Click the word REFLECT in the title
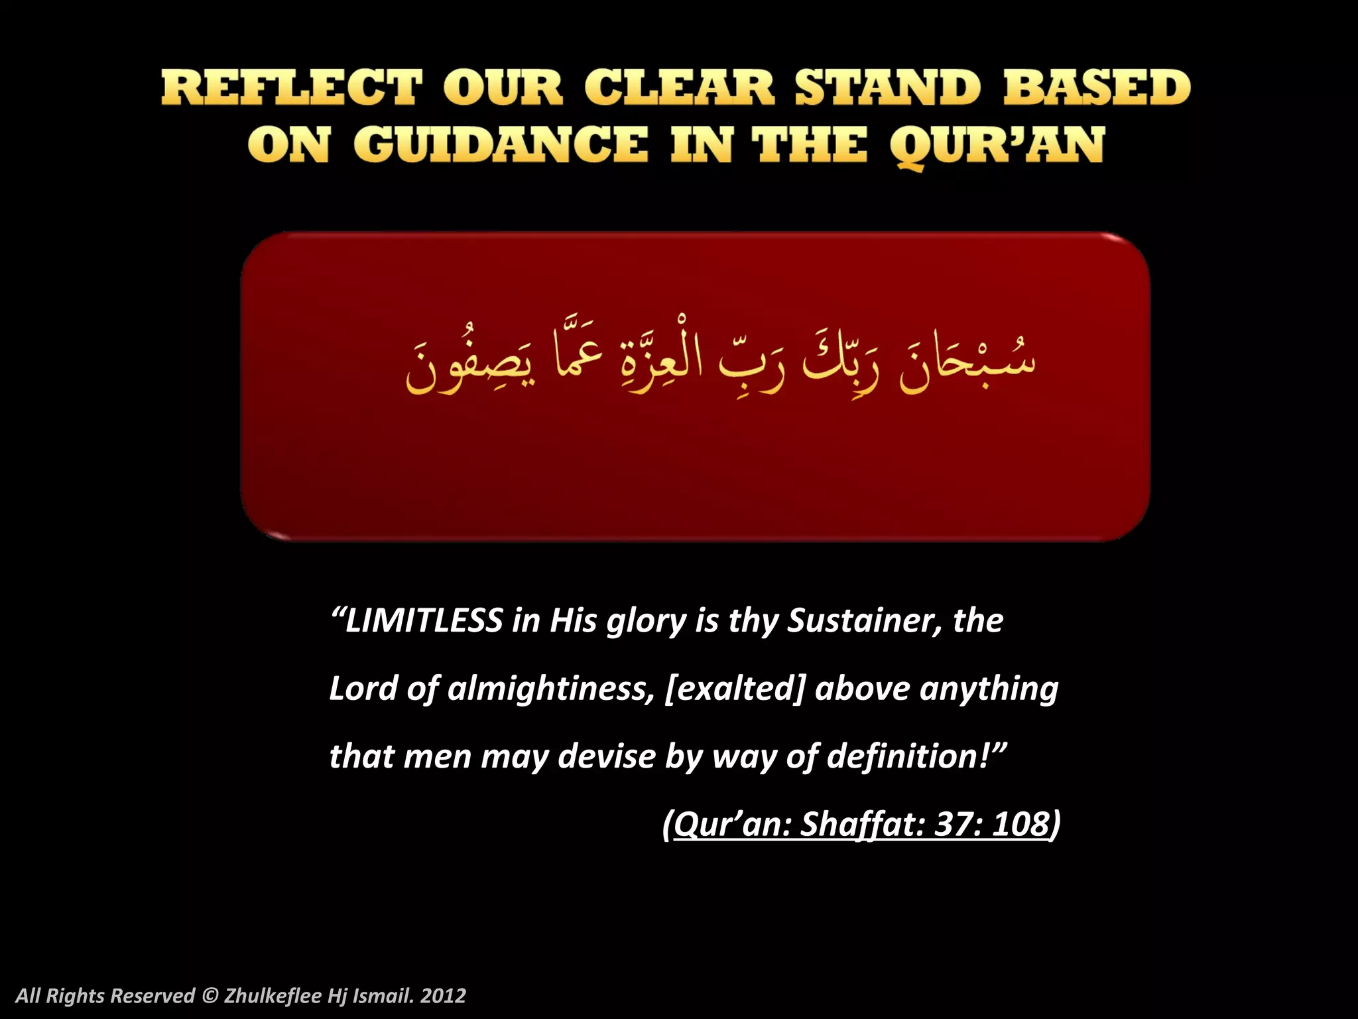pyautogui.click(x=292, y=88)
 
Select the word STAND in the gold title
pyautogui.click(x=887, y=88)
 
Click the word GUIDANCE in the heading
pyautogui.click(x=501, y=145)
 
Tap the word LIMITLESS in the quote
pyautogui.click(x=424, y=621)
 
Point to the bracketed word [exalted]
pyautogui.click(x=734, y=689)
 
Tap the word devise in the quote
pyautogui.click(x=606, y=756)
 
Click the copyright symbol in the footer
pyautogui.click(x=210, y=996)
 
